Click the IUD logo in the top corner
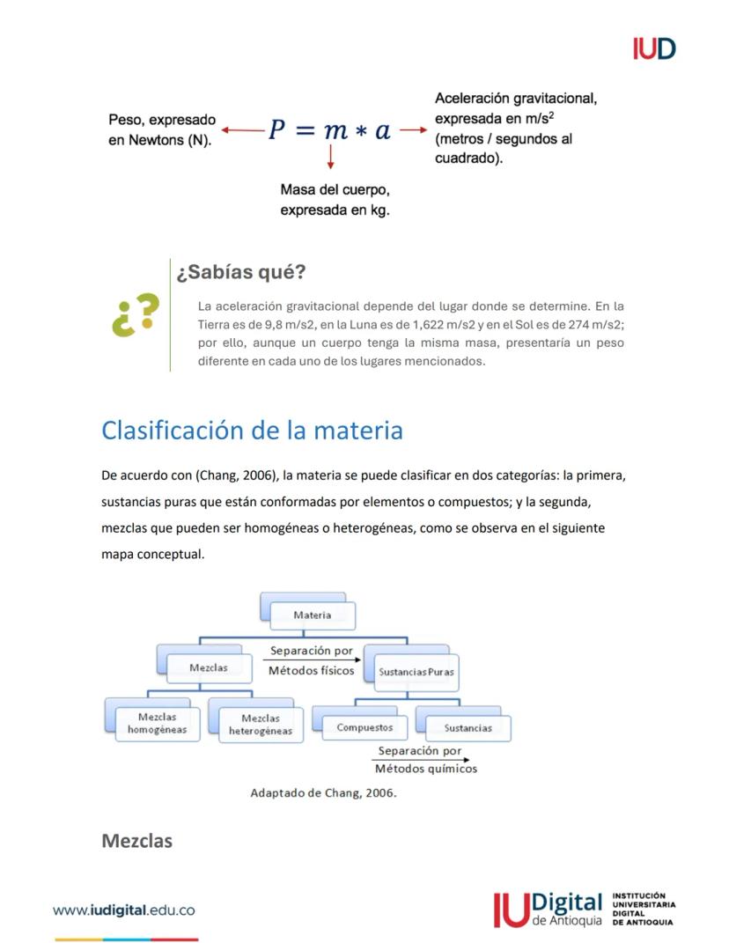653,48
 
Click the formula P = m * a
329,130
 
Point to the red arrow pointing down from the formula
330,157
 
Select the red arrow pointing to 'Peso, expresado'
242,130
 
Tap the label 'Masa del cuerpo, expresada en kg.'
335,200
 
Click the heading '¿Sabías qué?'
240,272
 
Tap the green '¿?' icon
136,314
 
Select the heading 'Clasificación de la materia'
252,431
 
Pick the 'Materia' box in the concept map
313,615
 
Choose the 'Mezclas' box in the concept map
209,667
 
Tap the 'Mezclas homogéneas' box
157,724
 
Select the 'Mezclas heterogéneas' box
261,725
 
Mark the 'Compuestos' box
364,728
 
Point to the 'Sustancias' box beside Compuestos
468,728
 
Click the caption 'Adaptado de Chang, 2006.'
323,792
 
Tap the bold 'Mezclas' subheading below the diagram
137,841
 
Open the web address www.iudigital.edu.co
123,910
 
